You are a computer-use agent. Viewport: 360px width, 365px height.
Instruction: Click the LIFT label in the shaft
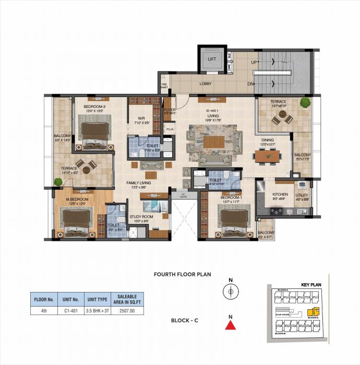pyautogui.click(x=212, y=59)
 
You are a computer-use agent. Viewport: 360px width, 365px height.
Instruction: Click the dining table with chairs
pyautogui.click(x=267, y=155)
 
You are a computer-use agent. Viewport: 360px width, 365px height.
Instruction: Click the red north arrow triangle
pyautogui.click(x=229, y=326)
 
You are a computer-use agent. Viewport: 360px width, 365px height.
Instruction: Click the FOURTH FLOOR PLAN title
pyautogui.click(x=182, y=274)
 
